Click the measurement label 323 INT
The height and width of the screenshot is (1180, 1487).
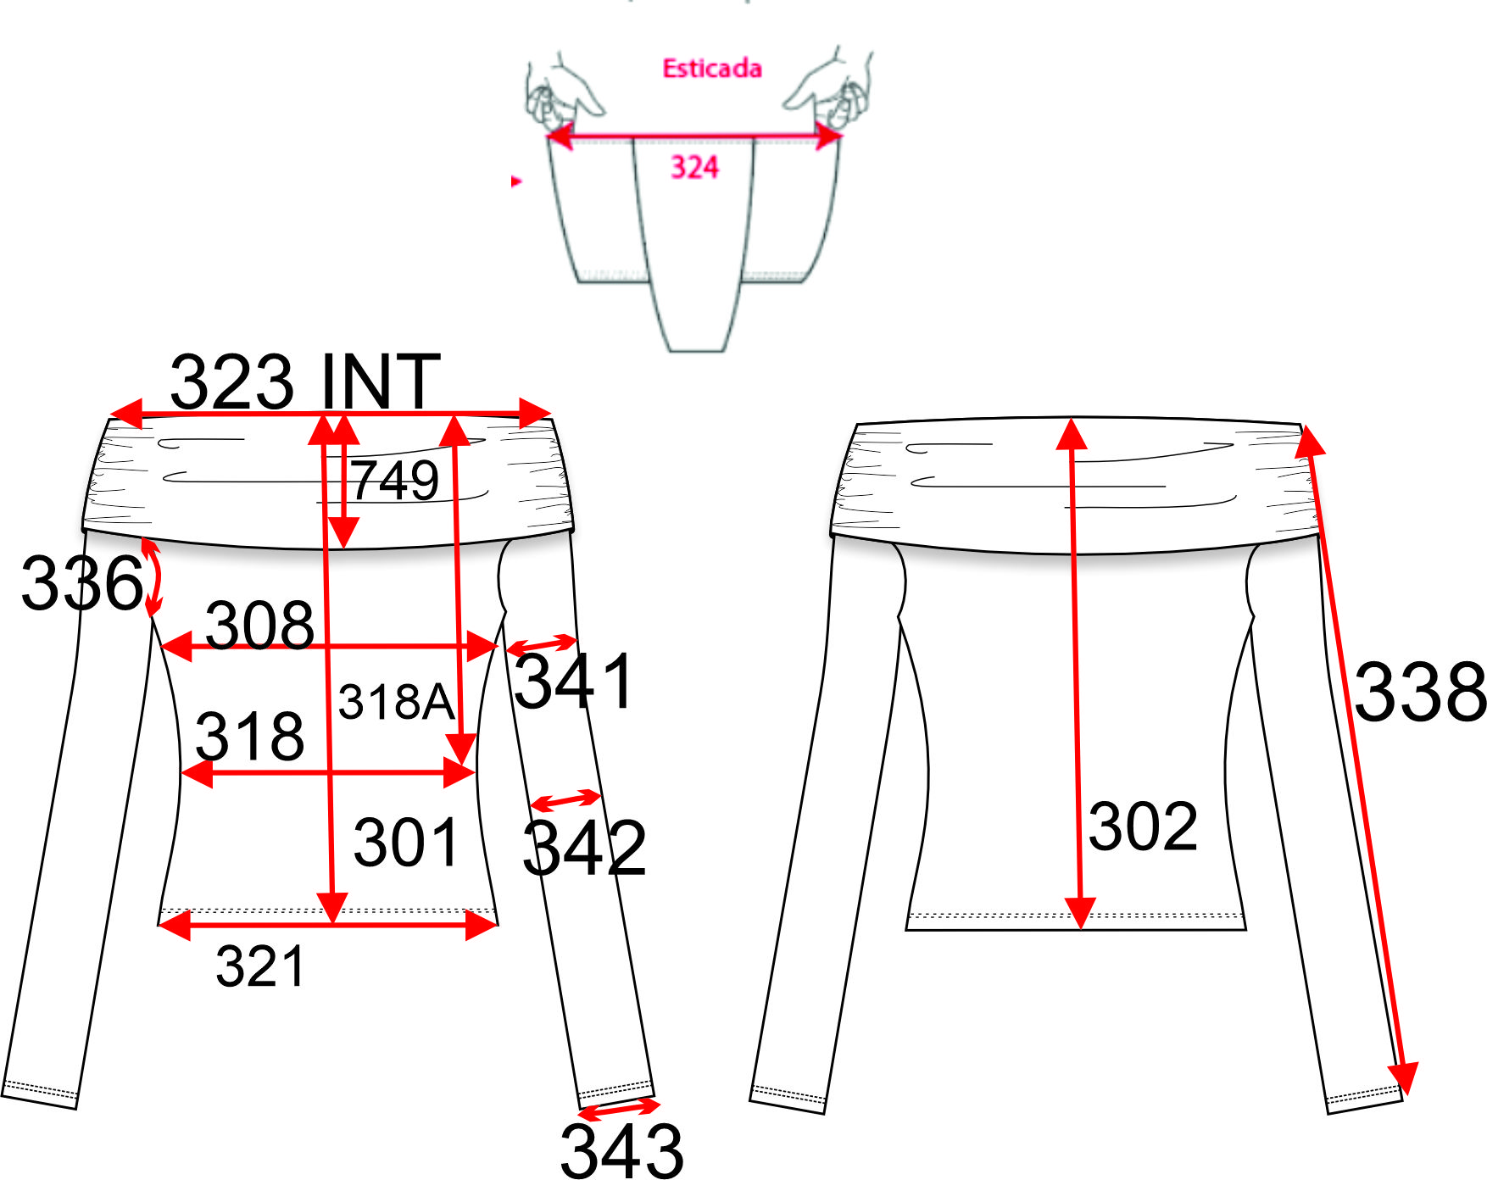point(305,381)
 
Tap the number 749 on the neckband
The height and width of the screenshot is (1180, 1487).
point(395,480)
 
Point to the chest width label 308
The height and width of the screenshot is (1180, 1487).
point(259,625)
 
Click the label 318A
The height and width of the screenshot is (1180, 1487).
point(396,702)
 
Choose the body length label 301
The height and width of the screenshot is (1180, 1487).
point(406,842)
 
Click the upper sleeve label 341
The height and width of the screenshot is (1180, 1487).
point(574,681)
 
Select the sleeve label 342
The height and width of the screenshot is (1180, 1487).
point(584,847)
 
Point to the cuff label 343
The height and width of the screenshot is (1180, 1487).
point(621,1150)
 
